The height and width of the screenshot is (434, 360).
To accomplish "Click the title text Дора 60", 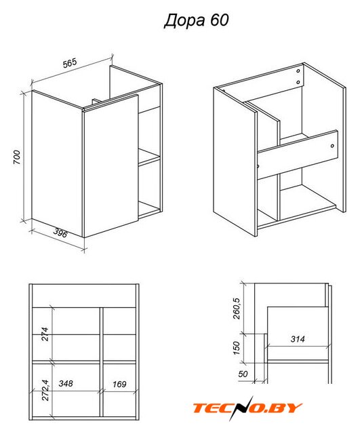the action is click(197, 21).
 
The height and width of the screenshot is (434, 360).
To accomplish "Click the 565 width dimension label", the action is click(69, 63).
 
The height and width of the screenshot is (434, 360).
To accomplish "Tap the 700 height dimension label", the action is click(17, 157).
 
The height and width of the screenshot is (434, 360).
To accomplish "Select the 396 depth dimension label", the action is click(60, 233).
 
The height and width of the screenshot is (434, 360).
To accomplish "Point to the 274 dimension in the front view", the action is click(45, 334).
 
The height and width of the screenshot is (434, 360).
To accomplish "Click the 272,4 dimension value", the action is click(45, 390).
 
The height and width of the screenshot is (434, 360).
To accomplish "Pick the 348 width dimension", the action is click(66, 383).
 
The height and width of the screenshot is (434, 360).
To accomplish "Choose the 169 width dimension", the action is click(119, 384).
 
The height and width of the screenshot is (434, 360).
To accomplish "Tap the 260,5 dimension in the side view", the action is click(237, 309).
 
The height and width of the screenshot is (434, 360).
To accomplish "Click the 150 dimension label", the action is click(236, 348).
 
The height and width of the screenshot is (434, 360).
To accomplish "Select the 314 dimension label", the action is click(298, 339).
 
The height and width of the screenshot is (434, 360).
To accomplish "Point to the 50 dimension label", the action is click(243, 374).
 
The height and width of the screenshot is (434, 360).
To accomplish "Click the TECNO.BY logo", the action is click(247, 408).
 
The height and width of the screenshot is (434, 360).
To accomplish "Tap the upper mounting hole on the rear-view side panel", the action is click(298, 71).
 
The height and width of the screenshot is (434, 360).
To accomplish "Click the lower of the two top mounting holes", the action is click(298, 82).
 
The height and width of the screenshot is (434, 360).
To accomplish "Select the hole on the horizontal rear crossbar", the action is click(332, 146).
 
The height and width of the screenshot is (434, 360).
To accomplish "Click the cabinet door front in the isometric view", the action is click(111, 166).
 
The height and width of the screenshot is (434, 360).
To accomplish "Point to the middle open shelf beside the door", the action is click(149, 156).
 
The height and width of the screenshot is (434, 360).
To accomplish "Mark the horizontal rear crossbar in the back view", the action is click(298, 155).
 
